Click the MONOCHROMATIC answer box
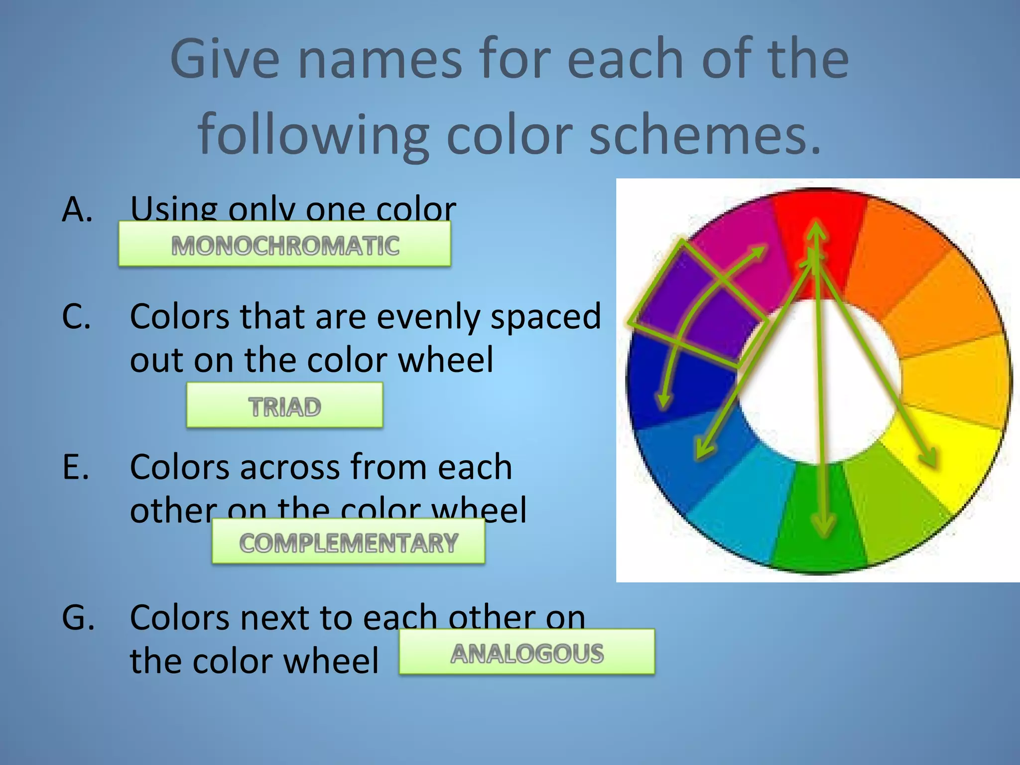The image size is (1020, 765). (x=285, y=244)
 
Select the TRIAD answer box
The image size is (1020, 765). (x=284, y=405)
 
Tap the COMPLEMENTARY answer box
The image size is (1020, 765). (x=348, y=541)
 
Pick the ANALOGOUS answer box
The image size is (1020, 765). (x=527, y=652)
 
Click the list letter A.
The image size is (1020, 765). (x=77, y=209)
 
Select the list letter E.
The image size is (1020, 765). (x=76, y=467)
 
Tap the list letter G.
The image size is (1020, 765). (x=78, y=618)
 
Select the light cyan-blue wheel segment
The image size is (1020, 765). (x=737, y=503)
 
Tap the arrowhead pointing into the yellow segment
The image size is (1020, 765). (x=929, y=458)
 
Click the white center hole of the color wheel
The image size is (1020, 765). (x=822, y=383)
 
